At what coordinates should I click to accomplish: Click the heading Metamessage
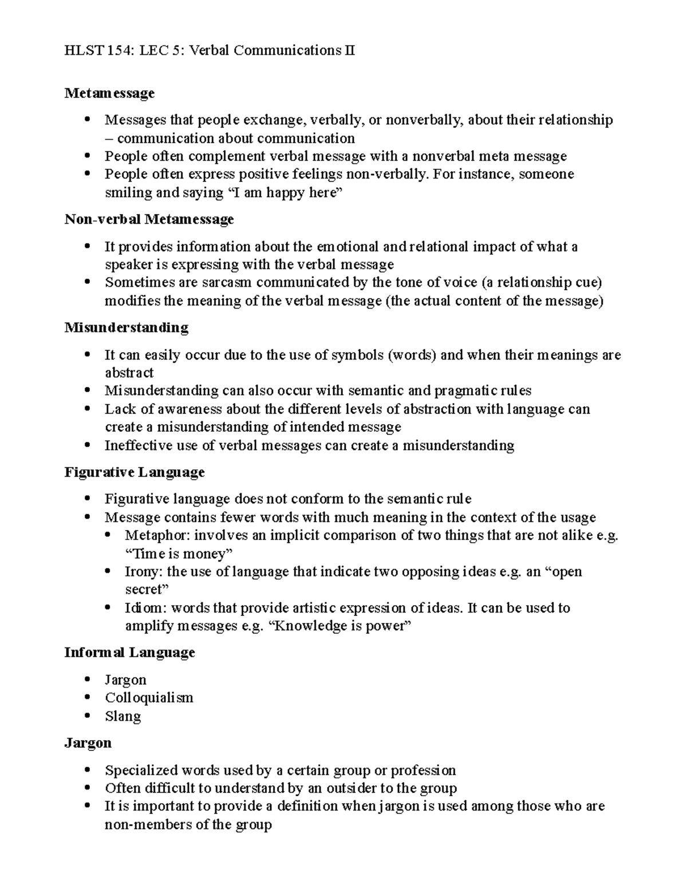point(109,93)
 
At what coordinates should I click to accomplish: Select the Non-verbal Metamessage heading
point(149,219)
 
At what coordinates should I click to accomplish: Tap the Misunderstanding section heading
point(126,327)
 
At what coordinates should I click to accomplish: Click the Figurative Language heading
point(134,472)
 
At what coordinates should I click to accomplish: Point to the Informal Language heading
point(129,653)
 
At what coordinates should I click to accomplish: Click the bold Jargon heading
point(88,743)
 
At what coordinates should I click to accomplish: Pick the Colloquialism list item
point(149,698)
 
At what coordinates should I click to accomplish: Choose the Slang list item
point(123,716)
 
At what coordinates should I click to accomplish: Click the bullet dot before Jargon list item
point(87,679)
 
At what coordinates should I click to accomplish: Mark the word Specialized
point(141,770)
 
